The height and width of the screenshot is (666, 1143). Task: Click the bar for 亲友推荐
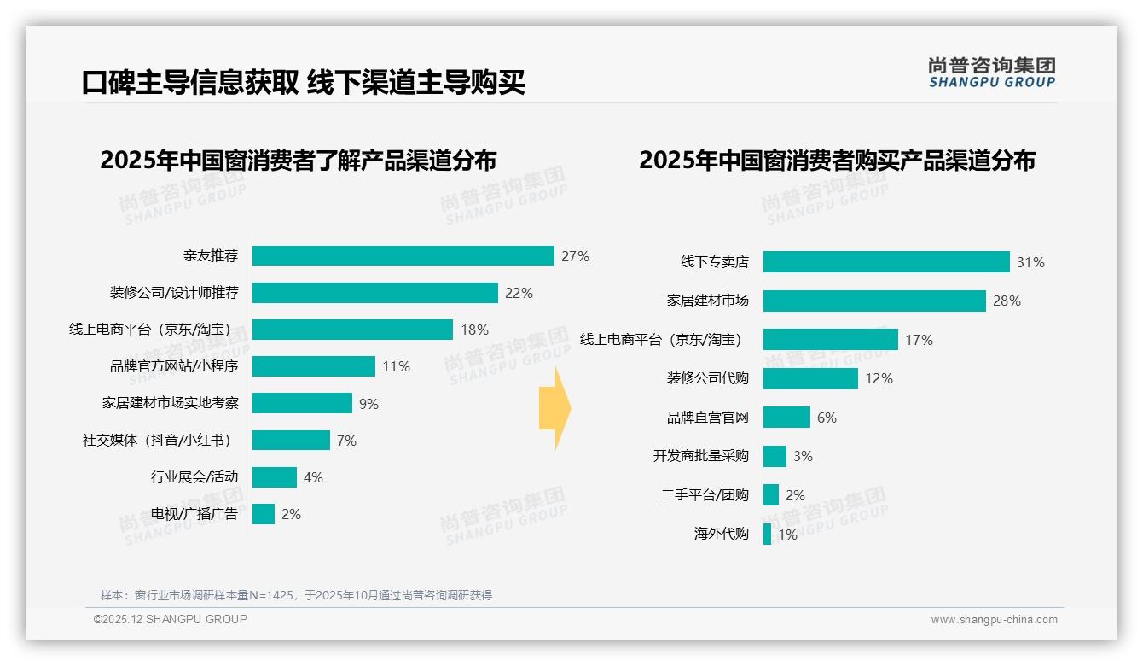[x=403, y=256]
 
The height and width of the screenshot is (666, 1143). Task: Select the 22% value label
[x=519, y=293]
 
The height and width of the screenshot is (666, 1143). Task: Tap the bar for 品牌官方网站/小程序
[x=313, y=366]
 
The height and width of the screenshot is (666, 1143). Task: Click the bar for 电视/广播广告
[x=264, y=514]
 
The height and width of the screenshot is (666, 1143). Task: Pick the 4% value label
[x=313, y=477]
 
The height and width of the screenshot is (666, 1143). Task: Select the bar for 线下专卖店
[x=885, y=262]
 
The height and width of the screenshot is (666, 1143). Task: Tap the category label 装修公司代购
[x=707, y=378]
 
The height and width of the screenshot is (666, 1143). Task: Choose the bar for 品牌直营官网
[x=786, y=418]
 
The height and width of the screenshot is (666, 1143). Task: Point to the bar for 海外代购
[x=767, y=535]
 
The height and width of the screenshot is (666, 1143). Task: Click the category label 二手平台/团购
[x=705, y=495]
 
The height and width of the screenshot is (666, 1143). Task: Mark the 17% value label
[x=919, y=340]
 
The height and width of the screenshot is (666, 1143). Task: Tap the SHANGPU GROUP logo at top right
[x=991, y=72]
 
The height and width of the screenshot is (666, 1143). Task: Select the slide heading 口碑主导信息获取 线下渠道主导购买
[x=303, y=82]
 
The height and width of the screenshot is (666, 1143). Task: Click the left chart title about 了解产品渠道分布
[x=298, y=161]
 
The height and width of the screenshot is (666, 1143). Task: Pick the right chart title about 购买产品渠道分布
[x=837, y=161]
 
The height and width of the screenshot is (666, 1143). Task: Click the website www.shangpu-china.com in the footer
[x=994, y=620]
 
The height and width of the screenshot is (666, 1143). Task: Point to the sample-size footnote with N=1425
[x=296, y=595]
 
